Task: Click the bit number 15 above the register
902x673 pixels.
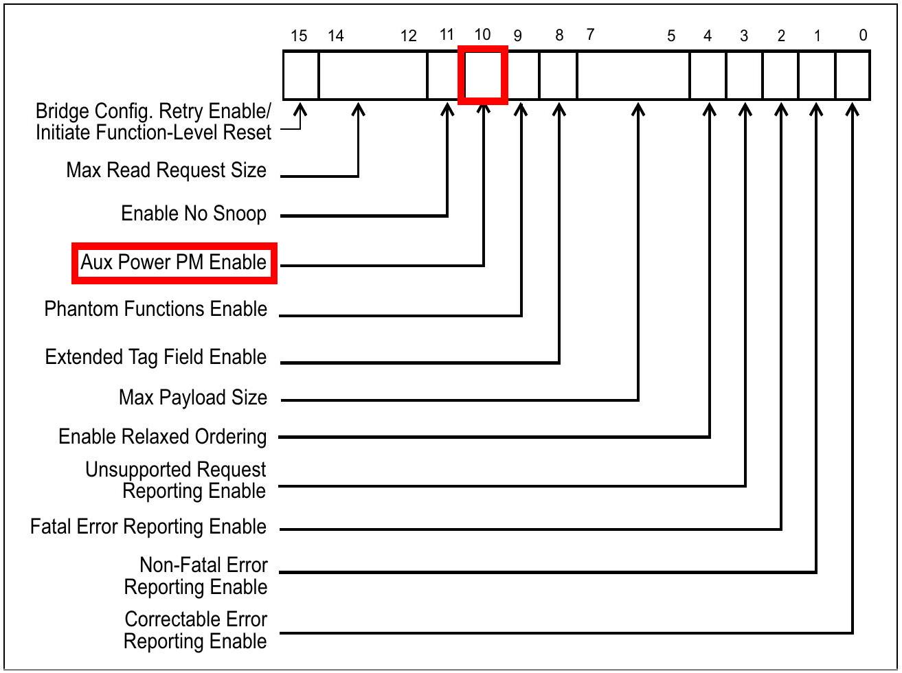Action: point(299,36)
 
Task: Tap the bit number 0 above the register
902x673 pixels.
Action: point(863,35)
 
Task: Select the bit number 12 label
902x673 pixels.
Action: point(409,36)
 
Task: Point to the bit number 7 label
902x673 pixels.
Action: point(590,34)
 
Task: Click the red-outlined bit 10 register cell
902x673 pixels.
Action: point(483,75)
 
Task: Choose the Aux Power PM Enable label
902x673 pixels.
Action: point(173,262)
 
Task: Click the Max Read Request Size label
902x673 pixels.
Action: point(166,170)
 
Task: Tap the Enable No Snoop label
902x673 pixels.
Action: point(194,214)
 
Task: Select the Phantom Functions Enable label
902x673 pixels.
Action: point(156,309)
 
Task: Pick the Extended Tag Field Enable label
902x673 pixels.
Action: point(156,357)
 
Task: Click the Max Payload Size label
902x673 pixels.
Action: point(193,398)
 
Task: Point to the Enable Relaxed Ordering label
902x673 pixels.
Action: point(163,437)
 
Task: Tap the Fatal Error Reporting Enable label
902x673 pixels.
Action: point(148,527)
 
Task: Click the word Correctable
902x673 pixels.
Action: point(196,619)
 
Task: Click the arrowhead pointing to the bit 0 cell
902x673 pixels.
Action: point(853,109)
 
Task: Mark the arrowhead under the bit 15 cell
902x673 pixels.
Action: point(300,109)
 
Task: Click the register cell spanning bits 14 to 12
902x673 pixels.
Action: point(373,75)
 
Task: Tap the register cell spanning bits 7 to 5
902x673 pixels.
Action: point(633,75)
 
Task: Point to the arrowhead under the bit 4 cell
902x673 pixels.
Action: point(709,109)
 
